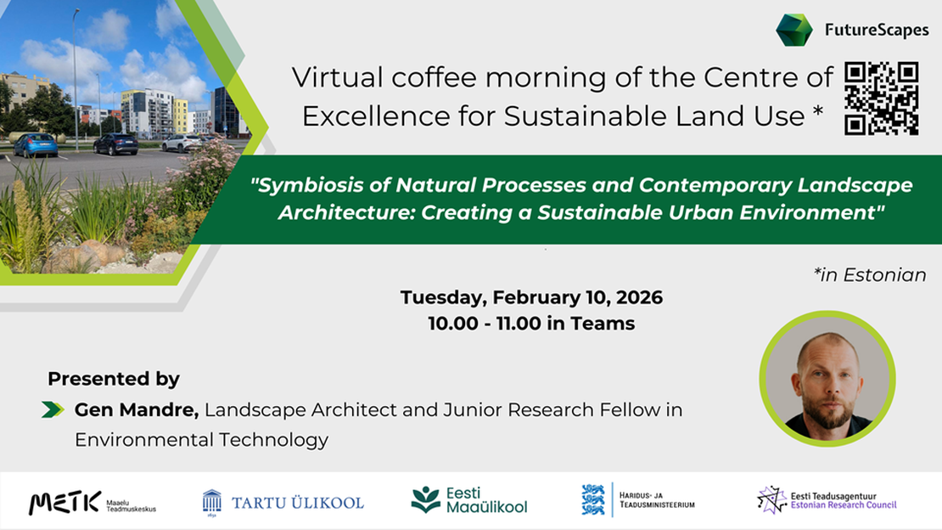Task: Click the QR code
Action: [882, 99]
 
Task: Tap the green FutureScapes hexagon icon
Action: [793, 31]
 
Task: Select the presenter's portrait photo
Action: [827, 379]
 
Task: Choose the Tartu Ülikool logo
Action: [283, 502]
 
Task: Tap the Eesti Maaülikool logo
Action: [468, 500]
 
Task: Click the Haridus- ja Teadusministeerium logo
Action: [638, 500]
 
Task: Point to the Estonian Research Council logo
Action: [827, 500]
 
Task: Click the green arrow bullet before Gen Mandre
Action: [53, 410]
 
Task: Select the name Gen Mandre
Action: [136, 410]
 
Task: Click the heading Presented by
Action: [114, 379]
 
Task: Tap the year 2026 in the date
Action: [639, 298]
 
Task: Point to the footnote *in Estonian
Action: [870, 274]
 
